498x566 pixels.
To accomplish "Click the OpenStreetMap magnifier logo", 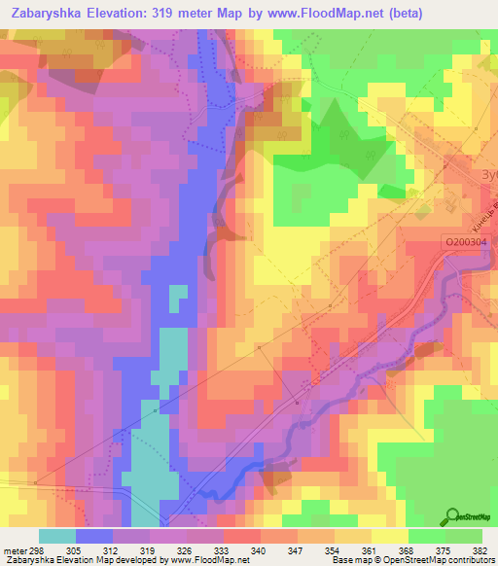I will pos(453,515).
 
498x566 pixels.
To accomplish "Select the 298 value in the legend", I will pos(40,549).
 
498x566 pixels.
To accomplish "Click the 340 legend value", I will pos(259,549).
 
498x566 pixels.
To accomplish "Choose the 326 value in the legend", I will pos(186,549).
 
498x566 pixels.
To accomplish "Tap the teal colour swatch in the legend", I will pos(57,536).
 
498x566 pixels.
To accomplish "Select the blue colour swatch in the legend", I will pos(94,536).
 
